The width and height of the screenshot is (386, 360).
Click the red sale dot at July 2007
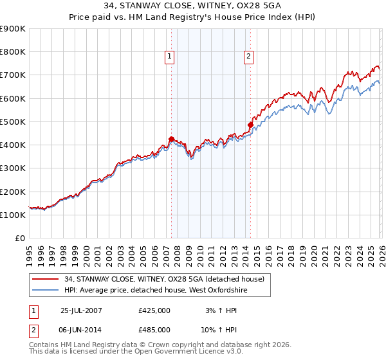171,139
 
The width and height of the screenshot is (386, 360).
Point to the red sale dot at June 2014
250,125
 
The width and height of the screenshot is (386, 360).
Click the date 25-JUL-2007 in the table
81,310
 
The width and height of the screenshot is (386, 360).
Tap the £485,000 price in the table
154,330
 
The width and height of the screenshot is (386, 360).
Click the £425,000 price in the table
154,310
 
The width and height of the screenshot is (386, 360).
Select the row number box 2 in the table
34,330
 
